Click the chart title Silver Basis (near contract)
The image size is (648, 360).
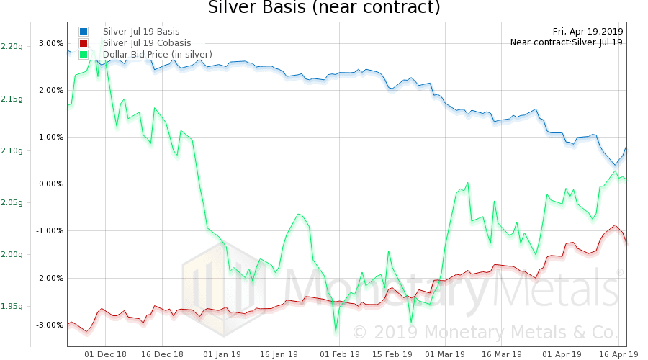pyautogui.click(x=323, y=9)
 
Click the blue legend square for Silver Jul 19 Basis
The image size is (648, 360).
pyautogui.click(x=84, y=32)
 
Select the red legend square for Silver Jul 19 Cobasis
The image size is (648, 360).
pyautogui.click(x=84, y=43)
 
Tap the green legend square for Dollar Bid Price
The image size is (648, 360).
pyautogui.click(x=84, y=55)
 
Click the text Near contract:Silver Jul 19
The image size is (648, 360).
pyautogui.click(x=567, y=42)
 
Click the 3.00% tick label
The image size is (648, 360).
pyautogui.click(x=51, y=43)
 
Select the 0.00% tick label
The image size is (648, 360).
pyautogui.click(x=51, y=184)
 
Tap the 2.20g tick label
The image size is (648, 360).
pyautogui.click(x=12, y=46)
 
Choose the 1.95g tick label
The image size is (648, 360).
pyautogui.click(x=12, y=306)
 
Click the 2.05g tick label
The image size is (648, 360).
pyautogui.click(x=12, y=202)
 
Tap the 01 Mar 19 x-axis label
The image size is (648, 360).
pyautogui.click(x=445, y=354)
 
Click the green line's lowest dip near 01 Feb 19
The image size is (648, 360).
pyautogui.click(x=336, y=331)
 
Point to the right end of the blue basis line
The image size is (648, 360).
pyautogui.click(x=626, y=146)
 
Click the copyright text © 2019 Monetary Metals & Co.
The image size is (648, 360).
pyautogui.click(x=485, y=332)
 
